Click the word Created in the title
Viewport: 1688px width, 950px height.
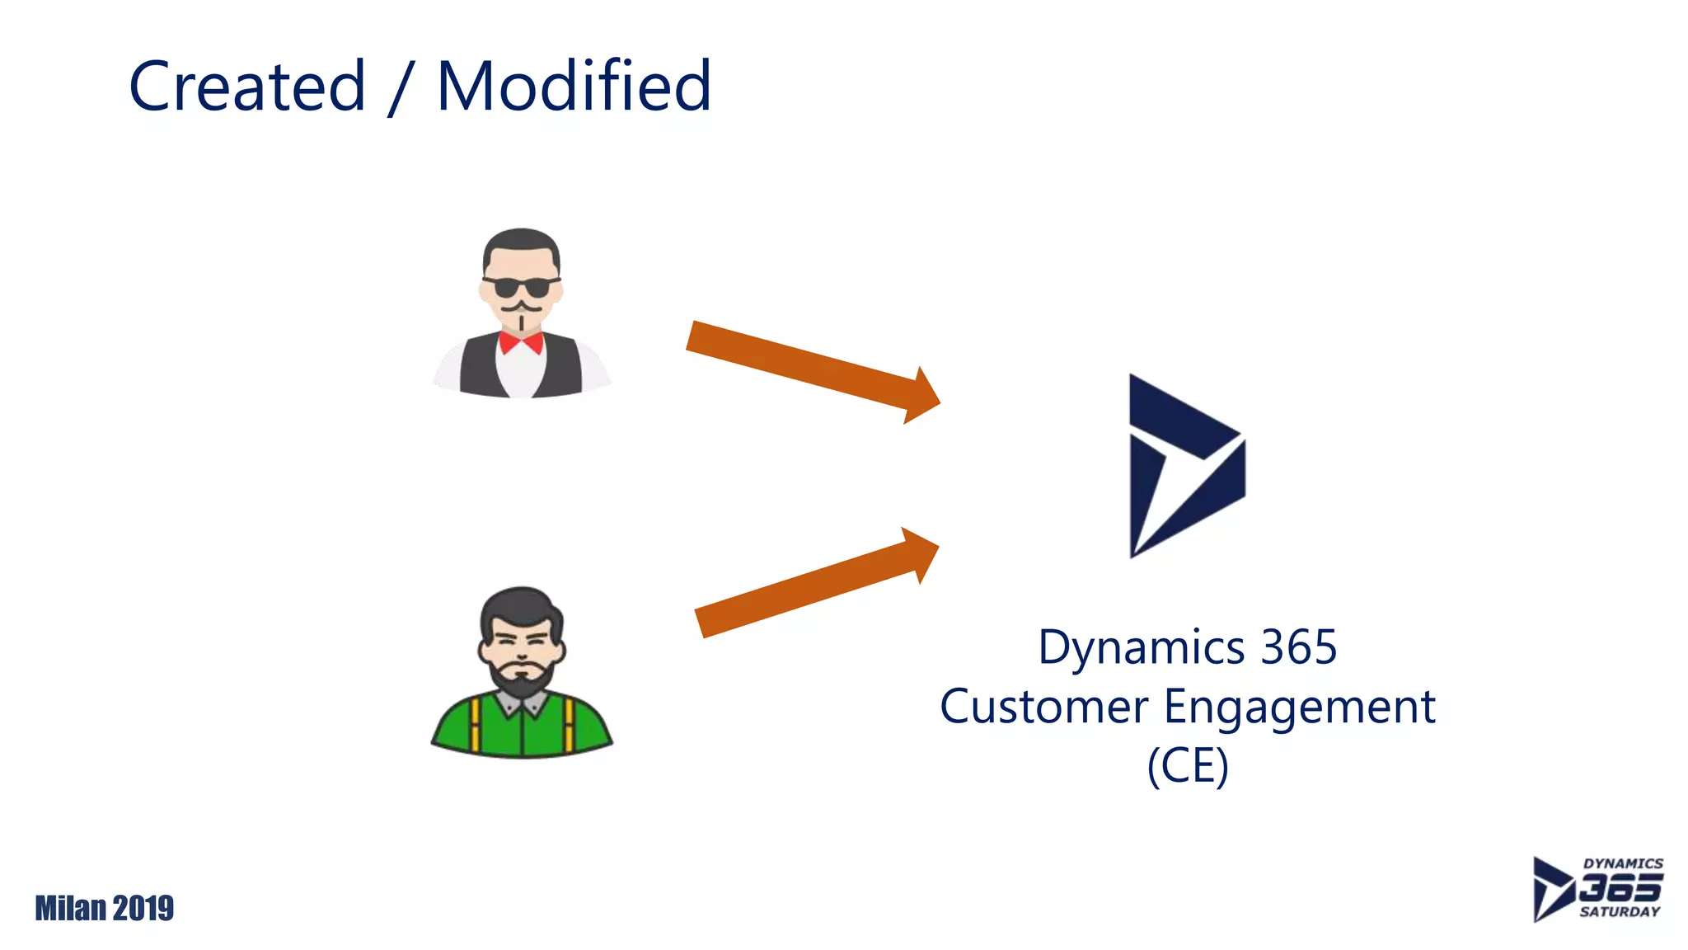click(x=247, y=87)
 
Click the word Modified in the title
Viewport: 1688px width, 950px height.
click(x=574, y=87)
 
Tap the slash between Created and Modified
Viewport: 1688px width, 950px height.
click(x=400, y=88)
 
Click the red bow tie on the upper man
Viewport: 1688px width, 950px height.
click(x=521, y=341)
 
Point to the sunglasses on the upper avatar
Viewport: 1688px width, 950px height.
click(x=521, y=287)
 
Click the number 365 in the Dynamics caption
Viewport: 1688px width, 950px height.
click(x=1299, y=647)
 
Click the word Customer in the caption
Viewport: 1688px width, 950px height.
click(x=1043, y=708)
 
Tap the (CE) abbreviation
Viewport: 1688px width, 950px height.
click(x=1188, y=766)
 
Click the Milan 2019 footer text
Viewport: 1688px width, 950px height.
click(x=105, y=909)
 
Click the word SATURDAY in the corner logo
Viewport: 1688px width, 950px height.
click(x=1619, y=912)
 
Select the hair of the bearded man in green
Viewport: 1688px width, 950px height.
click(x=521, y=606)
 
